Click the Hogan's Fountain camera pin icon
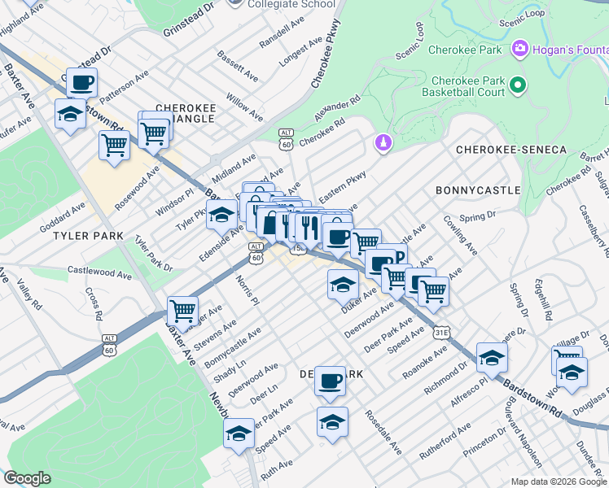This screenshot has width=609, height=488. click(519, 50)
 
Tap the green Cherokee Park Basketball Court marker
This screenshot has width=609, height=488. click(517, 85)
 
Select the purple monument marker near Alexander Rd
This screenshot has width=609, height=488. click(383, 143)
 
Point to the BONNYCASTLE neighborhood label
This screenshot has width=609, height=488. click(478, 190)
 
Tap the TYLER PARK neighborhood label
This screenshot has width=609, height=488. click(88, 236)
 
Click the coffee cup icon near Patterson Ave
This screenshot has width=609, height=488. click(81, 83)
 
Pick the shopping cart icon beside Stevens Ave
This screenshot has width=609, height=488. click(182, 311)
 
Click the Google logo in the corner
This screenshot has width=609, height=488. click(28, 478)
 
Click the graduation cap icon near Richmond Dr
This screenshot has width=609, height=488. click(492, 357)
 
